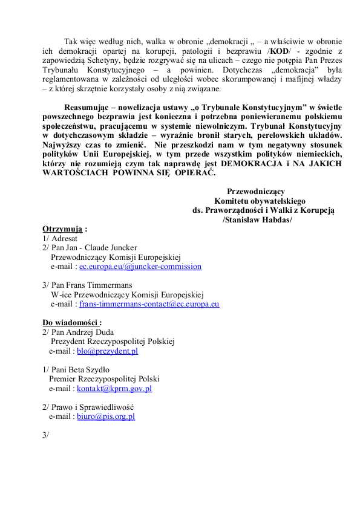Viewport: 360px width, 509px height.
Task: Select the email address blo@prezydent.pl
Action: pos(108,351)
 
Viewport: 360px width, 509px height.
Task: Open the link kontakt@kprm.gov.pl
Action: pos(114,389)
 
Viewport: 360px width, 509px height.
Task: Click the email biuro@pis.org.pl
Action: pos(106,417)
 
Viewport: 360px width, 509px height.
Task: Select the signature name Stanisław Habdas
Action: pos(258,219)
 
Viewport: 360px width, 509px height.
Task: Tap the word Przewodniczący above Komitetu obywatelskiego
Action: pos(260,192)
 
